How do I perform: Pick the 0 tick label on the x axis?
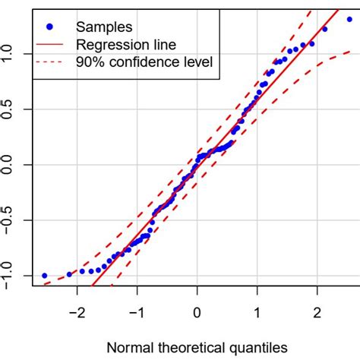197,312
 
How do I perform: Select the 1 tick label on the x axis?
257,312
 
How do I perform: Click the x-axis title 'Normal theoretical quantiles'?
197,346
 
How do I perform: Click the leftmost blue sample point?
44,276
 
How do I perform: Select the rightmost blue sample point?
349,19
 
